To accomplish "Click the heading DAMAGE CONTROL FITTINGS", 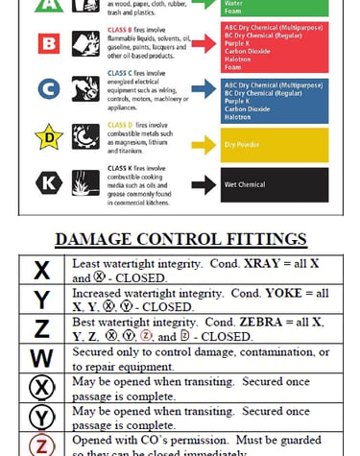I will pos(180,239).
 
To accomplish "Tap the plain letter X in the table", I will pos(41,270).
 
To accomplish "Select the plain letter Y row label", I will pos(41,300).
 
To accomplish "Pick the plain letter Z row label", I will pos(41,329).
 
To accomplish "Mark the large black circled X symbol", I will pos(41,388).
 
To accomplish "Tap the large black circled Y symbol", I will pos(41,418).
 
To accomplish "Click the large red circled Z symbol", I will pos(41,445).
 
